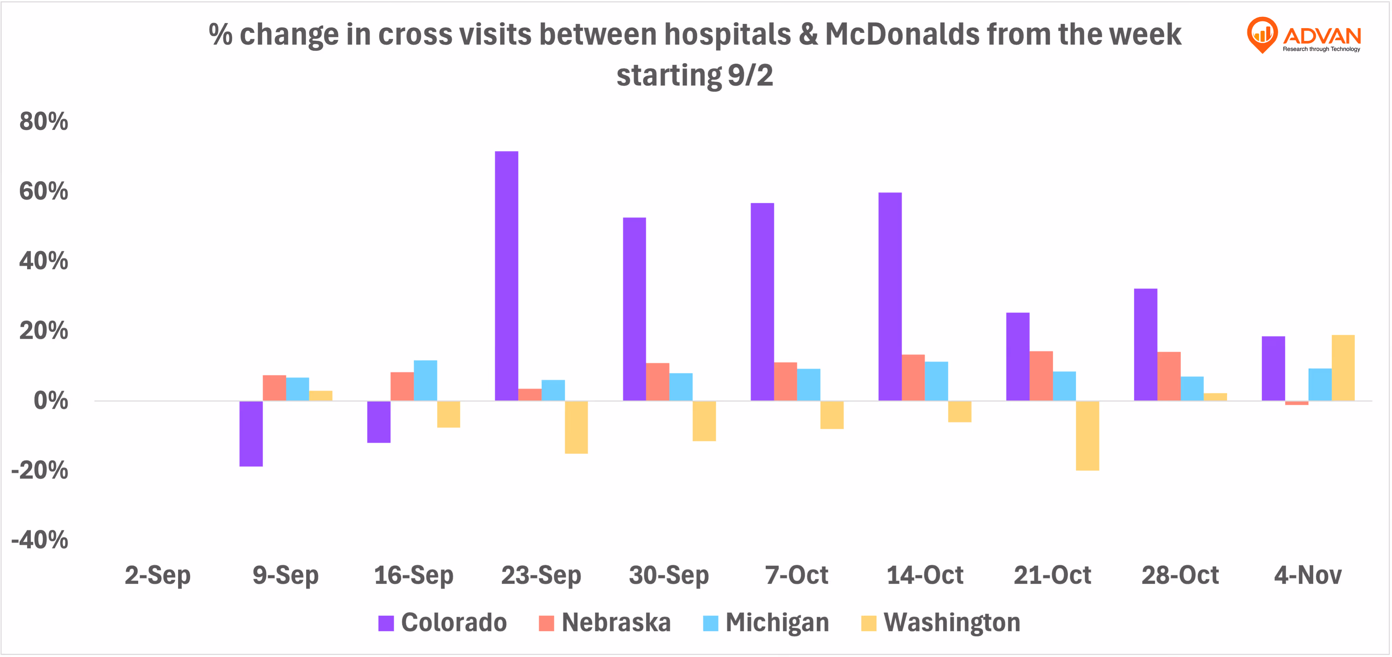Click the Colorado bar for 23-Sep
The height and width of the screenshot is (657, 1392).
pyautogui.click(x=506, y=276)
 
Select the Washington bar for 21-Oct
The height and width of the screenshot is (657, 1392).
pyautogui.click(x=1087, y=435)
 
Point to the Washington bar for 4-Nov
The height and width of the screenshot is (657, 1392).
pyautogui.click(x=1343, y=368)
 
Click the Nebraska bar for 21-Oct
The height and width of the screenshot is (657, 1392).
pyautogui.click(x=1041, y=376)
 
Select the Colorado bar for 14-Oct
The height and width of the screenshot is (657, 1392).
pyautogui.click(x=890, y=296)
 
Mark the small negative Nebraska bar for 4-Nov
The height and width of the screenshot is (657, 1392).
pyautogui.click(x=1296, y=403)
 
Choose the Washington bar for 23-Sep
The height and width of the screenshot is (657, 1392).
pyautogui.click(x=576, y=427)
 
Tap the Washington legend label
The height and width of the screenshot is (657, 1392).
pyautogui.click(x=952, y=623)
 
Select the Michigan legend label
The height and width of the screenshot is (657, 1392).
pyautogui.click(x=777, y=623)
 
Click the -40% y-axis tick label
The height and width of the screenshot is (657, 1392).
pyautogui.click(x=40, y=540)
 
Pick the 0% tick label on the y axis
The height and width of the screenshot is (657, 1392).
pyautogui.click(x=51, y=401)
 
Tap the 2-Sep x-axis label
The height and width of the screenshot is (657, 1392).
pyautogui.click(x=158, y=575)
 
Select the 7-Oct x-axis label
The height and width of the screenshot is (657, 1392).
pyautogui.click(x=796, y=575)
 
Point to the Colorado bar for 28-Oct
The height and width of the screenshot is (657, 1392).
pyautogui.click(x=1146, y=345)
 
